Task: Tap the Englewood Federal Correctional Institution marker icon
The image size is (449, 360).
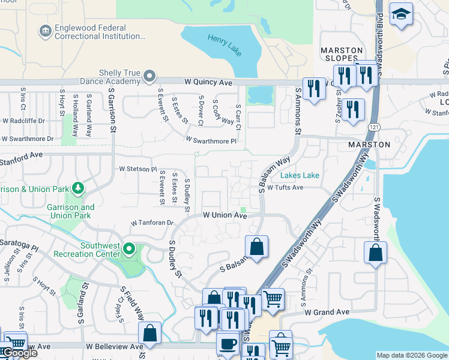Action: click(44, 31)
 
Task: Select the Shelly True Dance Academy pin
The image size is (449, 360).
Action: click(149, 76)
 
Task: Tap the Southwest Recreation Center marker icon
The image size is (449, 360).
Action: click(128, 248)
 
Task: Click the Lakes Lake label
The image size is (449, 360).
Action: click(300, 176)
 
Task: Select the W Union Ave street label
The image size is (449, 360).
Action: click(224, 215)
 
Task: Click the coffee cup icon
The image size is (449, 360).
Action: click(227, 344)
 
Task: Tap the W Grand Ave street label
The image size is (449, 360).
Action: click(327, 312)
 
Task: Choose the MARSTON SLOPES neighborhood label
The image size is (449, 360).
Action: click(342, 54)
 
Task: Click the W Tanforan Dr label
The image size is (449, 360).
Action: click(152, 223)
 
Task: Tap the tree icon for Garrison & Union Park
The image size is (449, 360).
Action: click(77, 188)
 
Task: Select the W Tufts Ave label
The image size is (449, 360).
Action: click(285, 187)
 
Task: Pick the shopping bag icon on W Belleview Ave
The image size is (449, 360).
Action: click(149, 333)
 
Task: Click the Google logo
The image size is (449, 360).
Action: click(19, 353)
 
